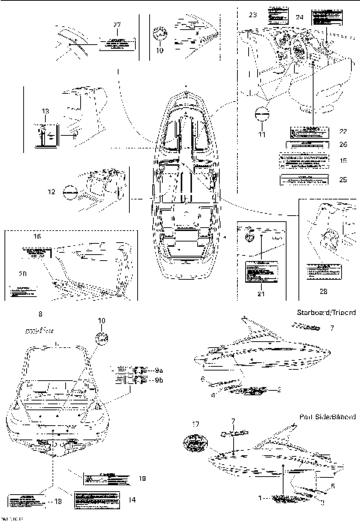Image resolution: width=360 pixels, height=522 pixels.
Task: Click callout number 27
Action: point(116,25)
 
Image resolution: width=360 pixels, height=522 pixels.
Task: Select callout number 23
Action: point(252,14)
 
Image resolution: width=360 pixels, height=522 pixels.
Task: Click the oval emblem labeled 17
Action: point(195,445)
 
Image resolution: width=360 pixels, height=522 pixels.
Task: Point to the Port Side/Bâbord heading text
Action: point(327,415)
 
